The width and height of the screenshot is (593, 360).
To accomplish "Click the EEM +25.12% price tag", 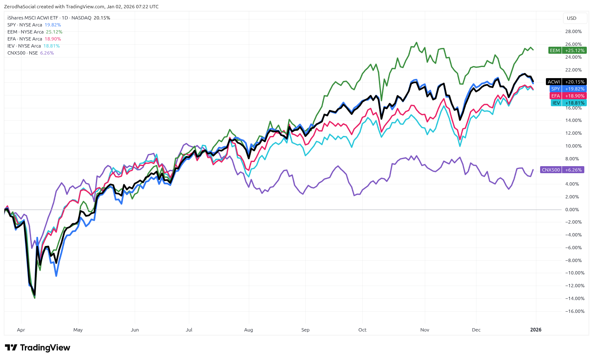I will (567, 50).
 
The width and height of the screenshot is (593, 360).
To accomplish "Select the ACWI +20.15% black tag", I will (566, 82).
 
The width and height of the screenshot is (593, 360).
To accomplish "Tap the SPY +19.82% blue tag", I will (568, 89).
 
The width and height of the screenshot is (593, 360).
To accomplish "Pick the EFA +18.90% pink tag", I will (568, 96).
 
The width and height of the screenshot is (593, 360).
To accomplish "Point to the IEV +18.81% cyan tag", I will (568, 103).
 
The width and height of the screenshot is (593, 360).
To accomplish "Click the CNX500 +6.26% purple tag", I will (562, 170).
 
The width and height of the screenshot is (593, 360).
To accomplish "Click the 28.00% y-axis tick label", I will (573, 31).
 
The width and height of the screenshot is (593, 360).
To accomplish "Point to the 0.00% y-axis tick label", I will (572, 210).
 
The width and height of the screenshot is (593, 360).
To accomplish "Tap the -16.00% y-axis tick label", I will (574, 311).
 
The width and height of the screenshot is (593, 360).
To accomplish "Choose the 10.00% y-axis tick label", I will (573, 146).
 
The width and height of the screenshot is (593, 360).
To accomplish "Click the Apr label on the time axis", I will (21, 330).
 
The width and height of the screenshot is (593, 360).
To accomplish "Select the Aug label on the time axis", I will (248, 330).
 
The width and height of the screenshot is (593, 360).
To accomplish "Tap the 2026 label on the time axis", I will (536, 330).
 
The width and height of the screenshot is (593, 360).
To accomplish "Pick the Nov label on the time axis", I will (425, 330).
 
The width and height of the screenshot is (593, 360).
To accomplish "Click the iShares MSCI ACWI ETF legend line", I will (59, 18).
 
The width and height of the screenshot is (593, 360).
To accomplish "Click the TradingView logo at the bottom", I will (38, 348).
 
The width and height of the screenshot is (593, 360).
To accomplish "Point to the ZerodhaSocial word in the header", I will (19, 7).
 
